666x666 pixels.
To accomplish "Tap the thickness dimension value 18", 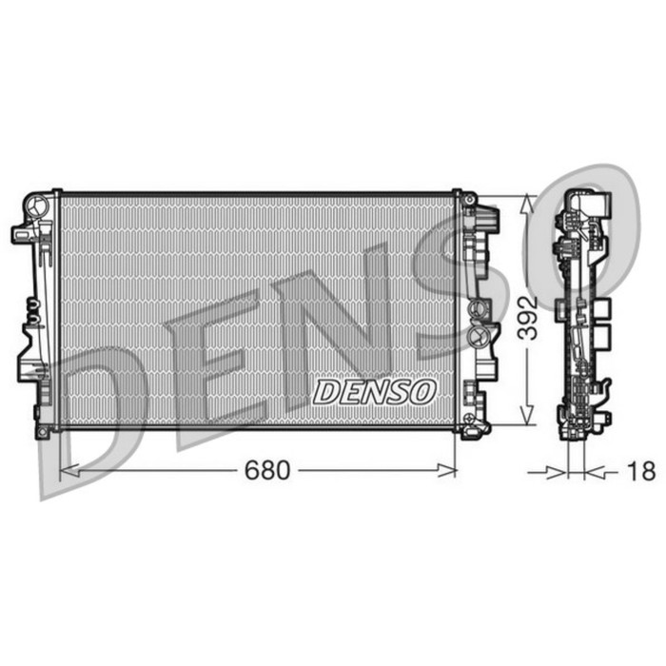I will click(x=642, y=470).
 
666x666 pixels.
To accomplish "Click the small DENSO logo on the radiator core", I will click(x=374, y=391).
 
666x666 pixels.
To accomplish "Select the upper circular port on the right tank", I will click(x=478, y=309).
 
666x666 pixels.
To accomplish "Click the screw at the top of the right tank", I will click(x=469, y=197).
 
